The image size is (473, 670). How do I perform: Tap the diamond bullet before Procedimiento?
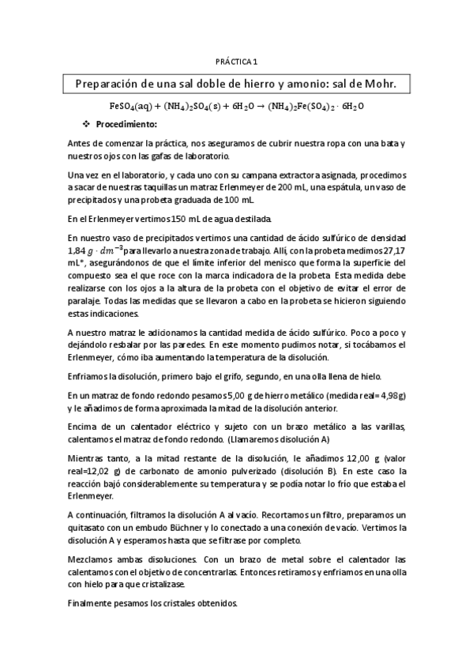click(88, 124)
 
